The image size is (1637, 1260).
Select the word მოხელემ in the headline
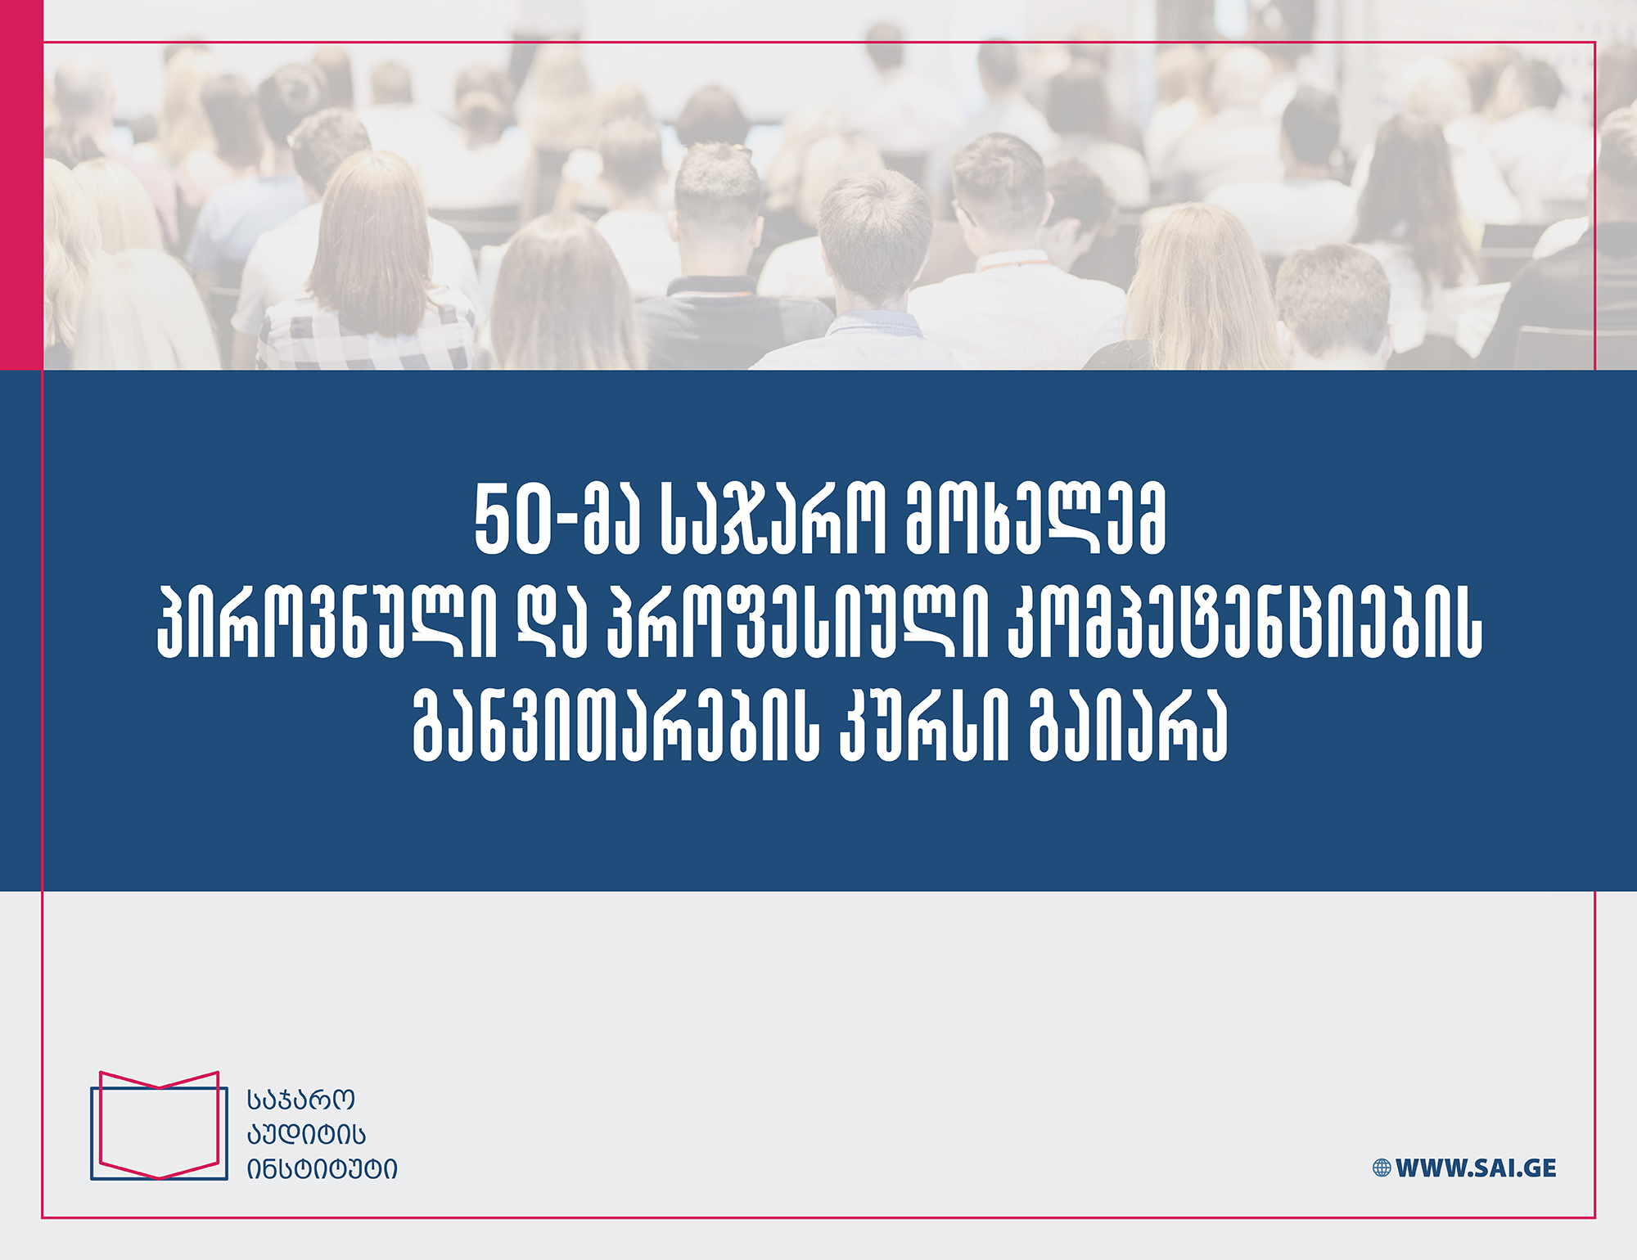tap(1035, 520)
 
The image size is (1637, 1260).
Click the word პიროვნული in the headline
tap(327, 623)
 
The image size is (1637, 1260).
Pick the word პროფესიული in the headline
tap(793, 623)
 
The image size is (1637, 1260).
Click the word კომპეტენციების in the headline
tap(1243, 623)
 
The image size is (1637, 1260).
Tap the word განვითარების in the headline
tap(616, 727)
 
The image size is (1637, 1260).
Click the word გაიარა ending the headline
tap(1127, 727)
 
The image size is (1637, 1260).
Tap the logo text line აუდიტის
tap(306, 1134)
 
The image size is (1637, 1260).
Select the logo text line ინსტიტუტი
tap(322, 1169)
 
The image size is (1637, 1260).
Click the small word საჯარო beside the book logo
tap(300, 1100)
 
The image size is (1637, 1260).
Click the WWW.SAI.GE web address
tap(1476, 1168)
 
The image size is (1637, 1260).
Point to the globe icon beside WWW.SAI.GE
tap(1382, 1168)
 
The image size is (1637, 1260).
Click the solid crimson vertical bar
tap(21, 185)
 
